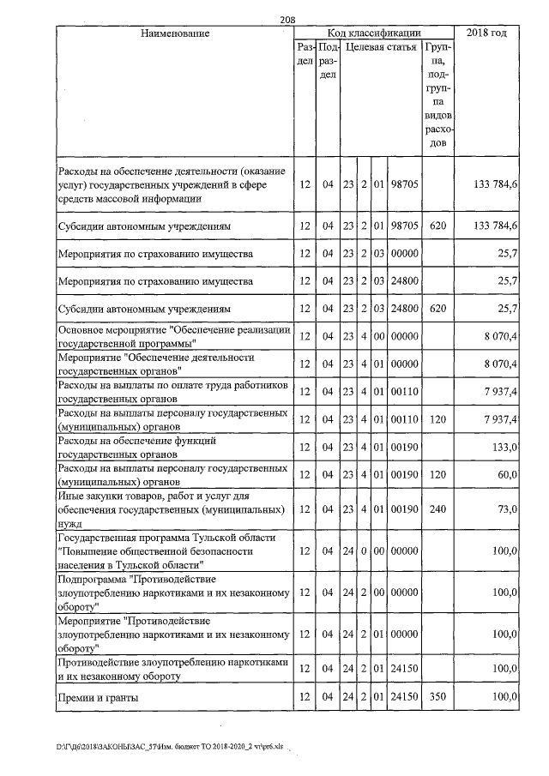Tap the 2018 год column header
pyautogui.click(x=486, y=33)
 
